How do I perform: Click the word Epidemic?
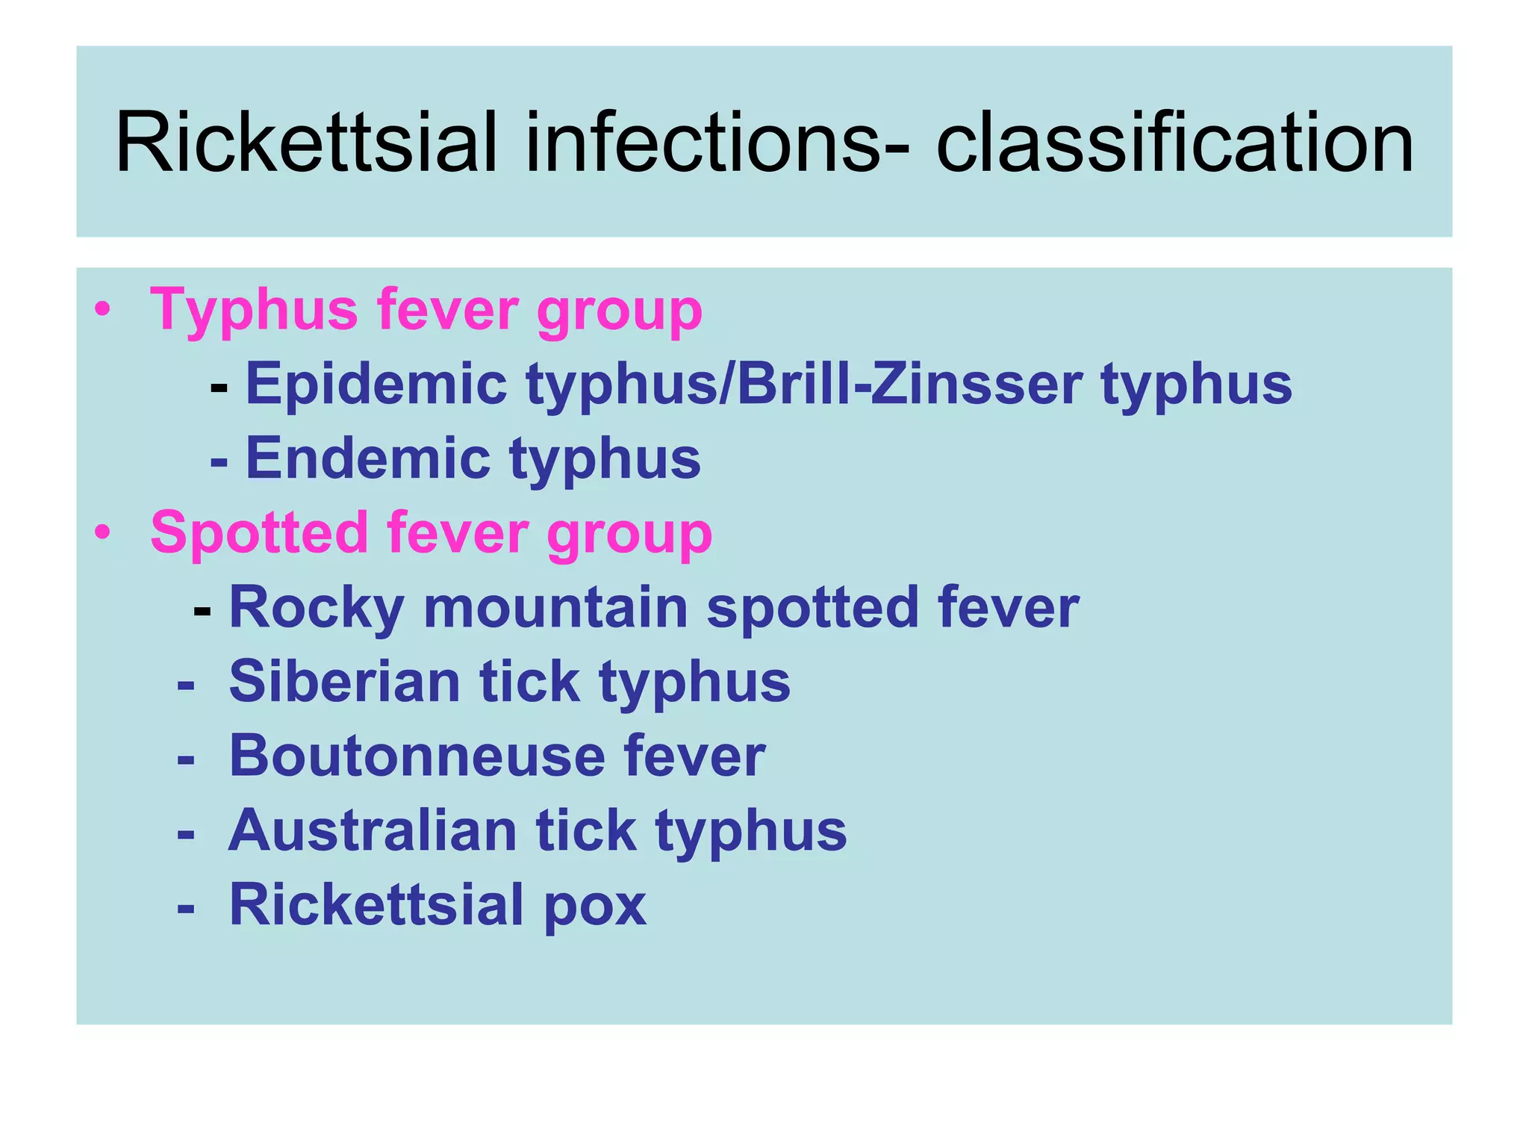click(376, 385)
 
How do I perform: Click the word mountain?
click(555, 607)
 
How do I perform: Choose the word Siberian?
click(344, 681)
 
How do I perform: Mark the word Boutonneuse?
click(417, 756)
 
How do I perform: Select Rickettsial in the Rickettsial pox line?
click(376, 905)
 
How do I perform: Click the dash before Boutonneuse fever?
click(186, 759)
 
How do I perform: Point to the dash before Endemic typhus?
click(219, 461)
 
